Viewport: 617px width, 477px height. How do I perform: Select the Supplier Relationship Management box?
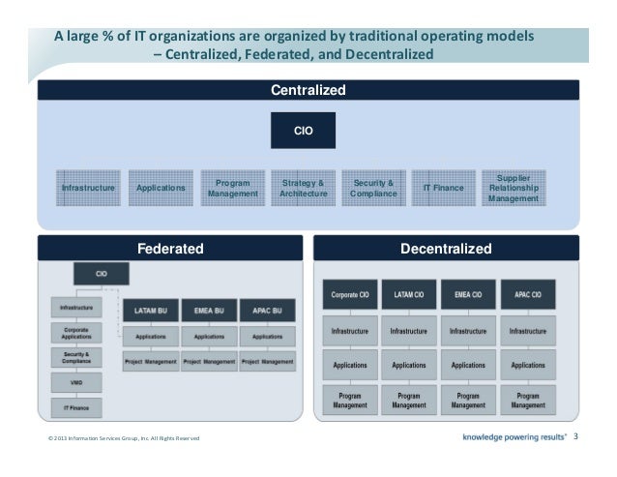(514, 188)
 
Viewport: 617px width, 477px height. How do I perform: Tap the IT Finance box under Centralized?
(444, 188)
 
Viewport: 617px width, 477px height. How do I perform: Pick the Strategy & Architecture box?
(304, 188)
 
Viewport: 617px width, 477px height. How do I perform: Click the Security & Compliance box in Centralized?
(373, 188)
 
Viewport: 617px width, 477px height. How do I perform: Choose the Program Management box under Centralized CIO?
(232, 188)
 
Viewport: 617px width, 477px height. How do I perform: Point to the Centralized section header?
(308, 91)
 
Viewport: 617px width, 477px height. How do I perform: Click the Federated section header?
(170, 249)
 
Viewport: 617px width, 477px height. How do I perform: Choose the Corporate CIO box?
(350, 293)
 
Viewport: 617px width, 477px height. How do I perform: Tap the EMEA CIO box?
(468, 293)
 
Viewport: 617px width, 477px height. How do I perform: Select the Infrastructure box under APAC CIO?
(528, 331)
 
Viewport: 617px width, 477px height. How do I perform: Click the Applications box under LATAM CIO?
(409, 365)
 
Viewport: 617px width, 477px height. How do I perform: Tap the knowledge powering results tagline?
(515, 436)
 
